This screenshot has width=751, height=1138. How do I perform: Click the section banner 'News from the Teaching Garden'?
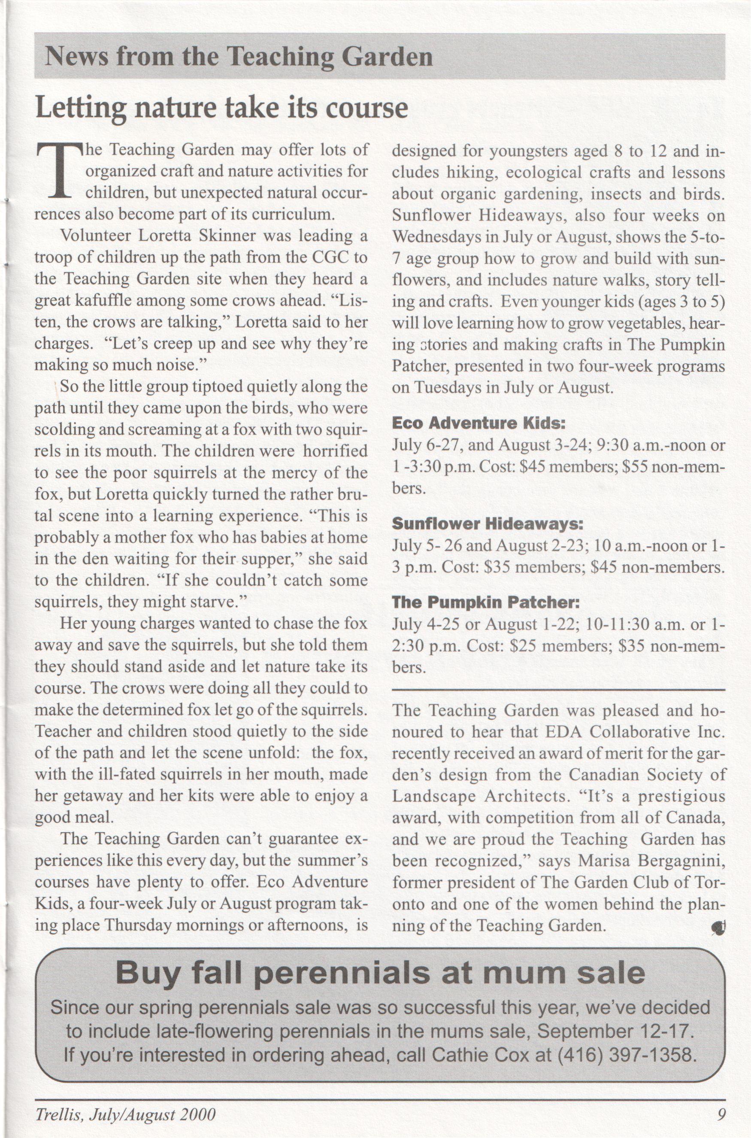coord(239,57)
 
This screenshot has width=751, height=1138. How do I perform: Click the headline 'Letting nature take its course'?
coord(222,108)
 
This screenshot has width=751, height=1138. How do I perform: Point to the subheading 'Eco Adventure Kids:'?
coord(479,423)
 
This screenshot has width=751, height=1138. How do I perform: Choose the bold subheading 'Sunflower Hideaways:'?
coord(488,524)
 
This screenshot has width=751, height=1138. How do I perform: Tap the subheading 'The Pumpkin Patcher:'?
coord(486,602)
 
